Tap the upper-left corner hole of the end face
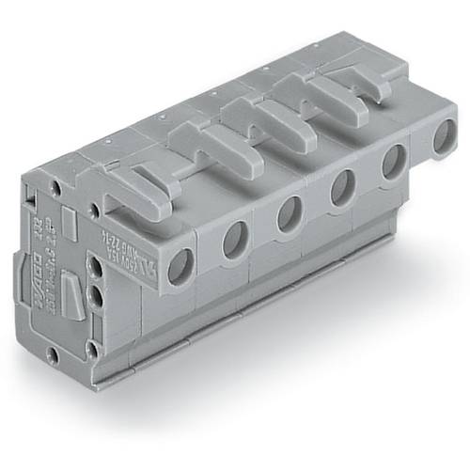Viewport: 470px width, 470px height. tap(56, 187)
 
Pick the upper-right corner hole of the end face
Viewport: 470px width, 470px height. tap(95, 209)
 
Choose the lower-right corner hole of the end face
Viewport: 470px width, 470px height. tap(91, 348)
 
